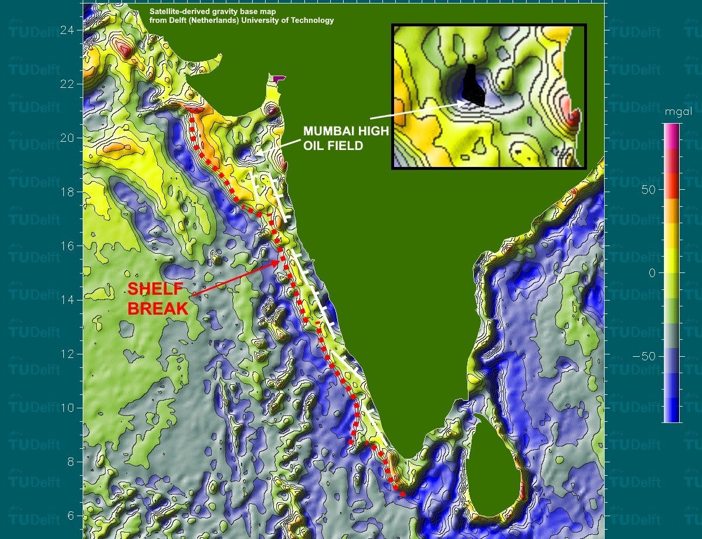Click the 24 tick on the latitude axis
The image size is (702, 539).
click(x=69, y=29)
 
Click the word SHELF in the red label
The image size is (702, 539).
click(x=156, y=289)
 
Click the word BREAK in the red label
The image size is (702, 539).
click(x=158, y=308)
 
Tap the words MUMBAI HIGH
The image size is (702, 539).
click(x=345, y=131)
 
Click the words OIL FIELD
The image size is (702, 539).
click(x=333, y=145)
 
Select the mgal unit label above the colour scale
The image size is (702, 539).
click(x=673, y=111)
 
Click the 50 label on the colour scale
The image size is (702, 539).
click(x=648, y=190)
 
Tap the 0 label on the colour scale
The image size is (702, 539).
click(x=652, y=273)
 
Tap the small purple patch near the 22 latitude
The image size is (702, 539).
click(x=278, y=77)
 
